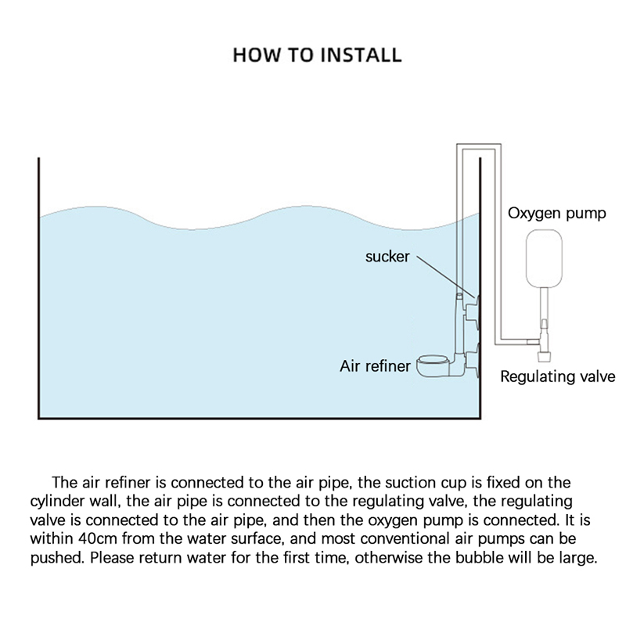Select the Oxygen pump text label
tap(556, 214)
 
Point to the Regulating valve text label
tap(557, 376)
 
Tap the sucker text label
tap(387, 257)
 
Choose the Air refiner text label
tap(375, 365)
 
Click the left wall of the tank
tap(39, 290)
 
